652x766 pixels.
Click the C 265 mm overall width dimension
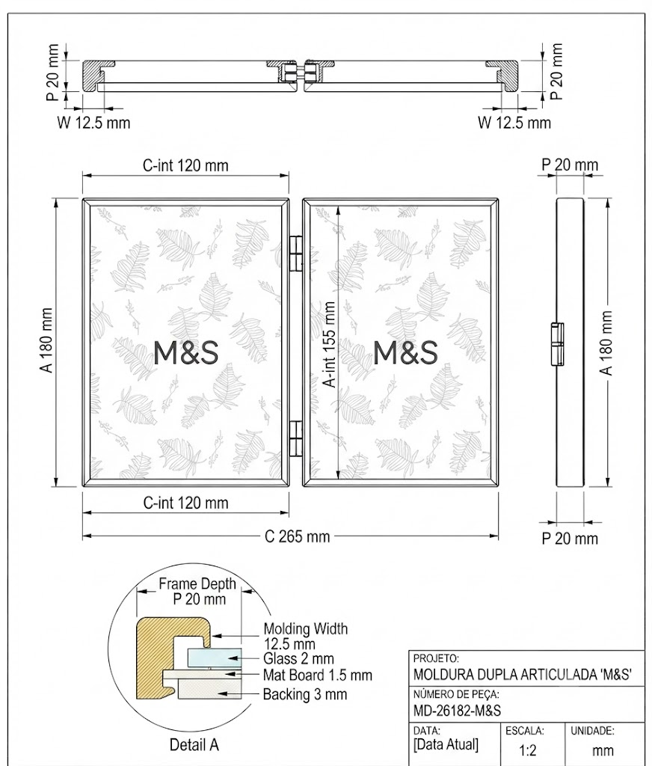tap(297, 536)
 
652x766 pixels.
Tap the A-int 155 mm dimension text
tap(330, 345)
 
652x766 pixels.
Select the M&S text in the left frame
tap(185, 353)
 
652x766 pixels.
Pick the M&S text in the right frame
tap(405, 353)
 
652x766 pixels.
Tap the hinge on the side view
tap(557, 344)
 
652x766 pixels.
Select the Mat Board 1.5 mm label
tap(318, 675)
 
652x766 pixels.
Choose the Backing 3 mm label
tap(305, 694)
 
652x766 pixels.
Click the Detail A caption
tap(194, 745)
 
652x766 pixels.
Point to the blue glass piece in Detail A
tap(215, 658)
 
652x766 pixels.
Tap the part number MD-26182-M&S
tap(457, 711)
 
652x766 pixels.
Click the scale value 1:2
tap(528, 750)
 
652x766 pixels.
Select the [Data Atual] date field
tap(446, 745)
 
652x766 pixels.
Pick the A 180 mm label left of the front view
tap(47, 340)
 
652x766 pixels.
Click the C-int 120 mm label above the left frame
tap(185, 165)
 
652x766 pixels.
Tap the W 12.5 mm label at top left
tap(93, 122)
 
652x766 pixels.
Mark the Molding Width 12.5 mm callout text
tap(306, 636)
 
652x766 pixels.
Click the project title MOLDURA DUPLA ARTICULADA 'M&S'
tap(523, 675)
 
